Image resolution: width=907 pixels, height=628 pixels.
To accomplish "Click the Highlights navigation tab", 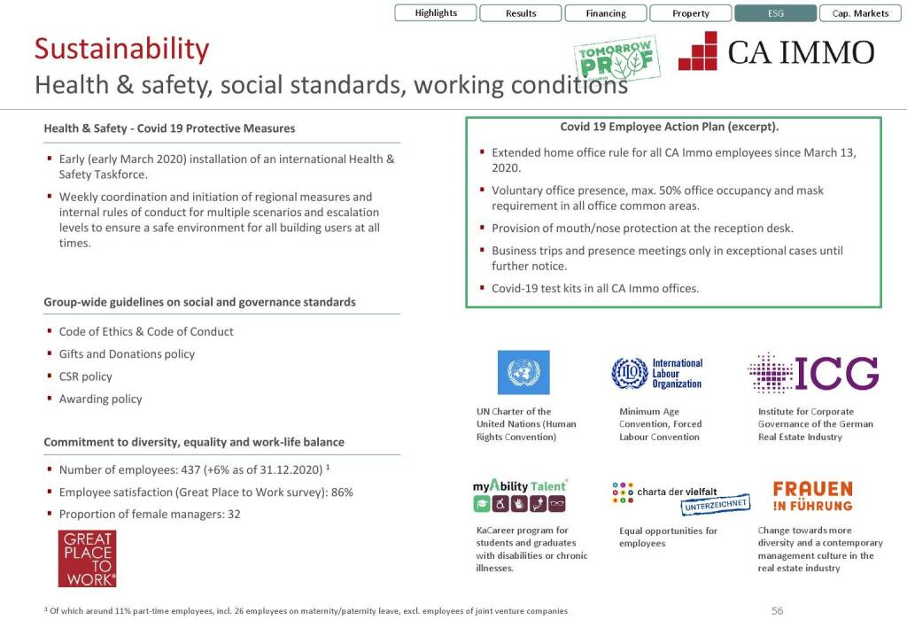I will click(436, 13).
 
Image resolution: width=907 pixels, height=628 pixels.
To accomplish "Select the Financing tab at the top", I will click(606, 13).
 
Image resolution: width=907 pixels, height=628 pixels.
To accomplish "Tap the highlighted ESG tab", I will click(775, 13).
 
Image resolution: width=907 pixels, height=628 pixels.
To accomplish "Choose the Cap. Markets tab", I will click(860, 13).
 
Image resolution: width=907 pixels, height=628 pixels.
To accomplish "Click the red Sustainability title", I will click(121, 49).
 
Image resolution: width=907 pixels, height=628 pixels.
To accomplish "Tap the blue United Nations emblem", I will click(523, 373).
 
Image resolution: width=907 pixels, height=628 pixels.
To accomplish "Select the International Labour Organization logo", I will click(656, 374).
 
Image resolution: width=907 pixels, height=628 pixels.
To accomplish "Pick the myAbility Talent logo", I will click(519, 495).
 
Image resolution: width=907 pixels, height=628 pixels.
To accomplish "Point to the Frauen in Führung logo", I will click(812, 496).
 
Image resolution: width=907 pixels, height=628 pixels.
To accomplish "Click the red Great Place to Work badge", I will click(87, 558).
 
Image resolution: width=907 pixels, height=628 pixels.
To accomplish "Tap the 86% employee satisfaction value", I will click(342, 492).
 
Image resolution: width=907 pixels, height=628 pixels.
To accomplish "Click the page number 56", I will click(777, 610).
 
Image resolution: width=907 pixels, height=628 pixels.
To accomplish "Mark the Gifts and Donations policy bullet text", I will click(127, 354).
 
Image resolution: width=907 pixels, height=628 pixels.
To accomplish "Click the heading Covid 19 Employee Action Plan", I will click(669, 128).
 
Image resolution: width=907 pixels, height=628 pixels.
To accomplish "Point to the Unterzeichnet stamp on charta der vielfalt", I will click(716, 505).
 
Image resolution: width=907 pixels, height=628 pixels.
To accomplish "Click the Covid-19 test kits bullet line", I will click(595, 289).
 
